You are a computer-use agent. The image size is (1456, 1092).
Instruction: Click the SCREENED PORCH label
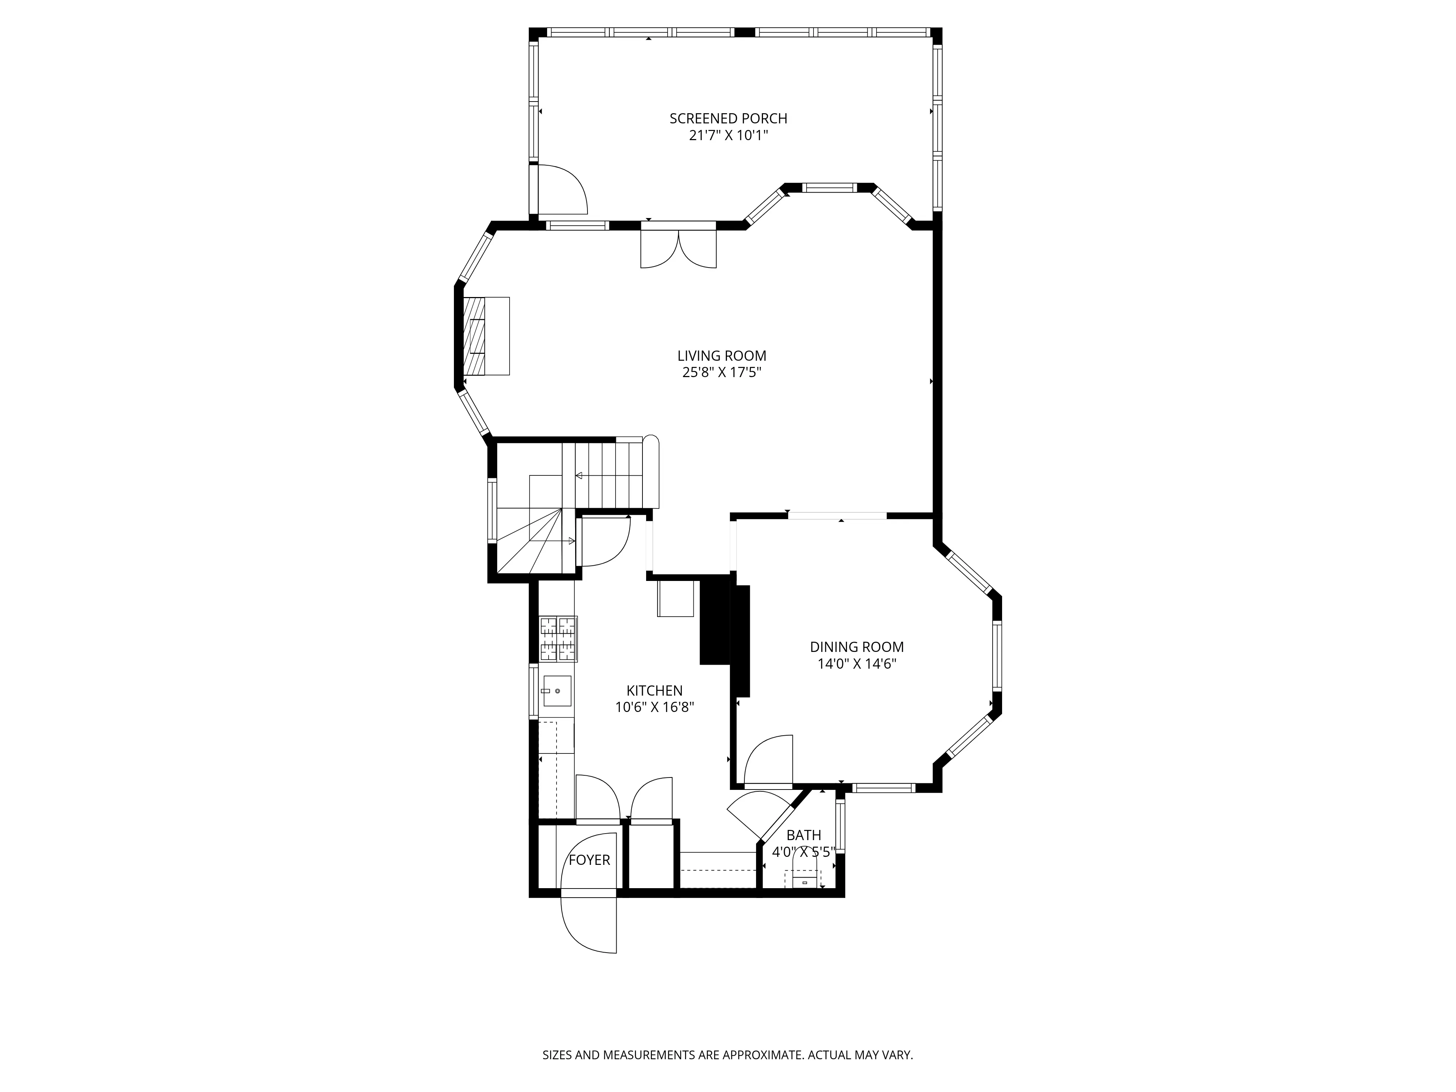(x=728, y=118)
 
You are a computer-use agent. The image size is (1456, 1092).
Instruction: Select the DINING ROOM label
(x=856, y=647)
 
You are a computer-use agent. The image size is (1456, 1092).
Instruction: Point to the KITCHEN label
(x=654, y=691)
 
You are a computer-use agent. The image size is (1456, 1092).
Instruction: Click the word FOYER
(x=589, y=860)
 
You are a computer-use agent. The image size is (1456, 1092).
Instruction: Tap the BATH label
(x=804, y=835)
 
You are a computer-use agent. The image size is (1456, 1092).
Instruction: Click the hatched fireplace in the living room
(x=475, y=336)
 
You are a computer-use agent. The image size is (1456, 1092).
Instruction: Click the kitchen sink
(x=557, y=691)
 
